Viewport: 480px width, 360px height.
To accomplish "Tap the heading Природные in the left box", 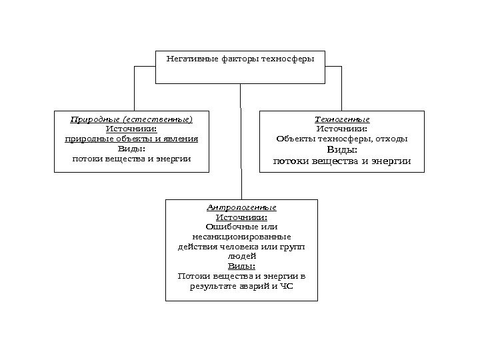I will [x=91, y=119].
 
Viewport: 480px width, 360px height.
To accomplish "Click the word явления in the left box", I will [x=180, y=139].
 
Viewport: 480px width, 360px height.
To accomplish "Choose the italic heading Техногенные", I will [x=341, y=119].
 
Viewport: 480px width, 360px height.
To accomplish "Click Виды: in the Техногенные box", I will [x=341, y=149].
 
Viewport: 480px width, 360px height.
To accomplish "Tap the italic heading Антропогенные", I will [x=241, y=208].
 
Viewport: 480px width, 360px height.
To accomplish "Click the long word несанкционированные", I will [x=241, y=236].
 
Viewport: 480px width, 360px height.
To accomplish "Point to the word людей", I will [x=241, y=255].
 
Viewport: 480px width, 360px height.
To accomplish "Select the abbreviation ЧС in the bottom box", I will [x=286, y=287].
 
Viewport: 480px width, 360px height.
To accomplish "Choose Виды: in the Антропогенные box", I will [x=241, y=265].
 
